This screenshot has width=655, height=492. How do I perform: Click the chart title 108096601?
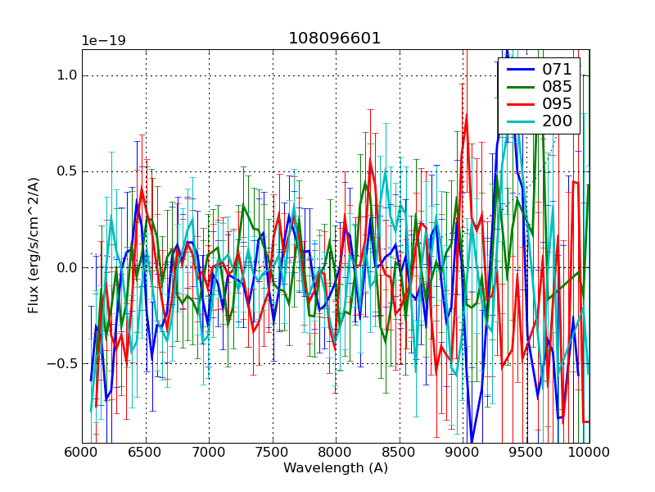pyautogui.click(x=335, y=39)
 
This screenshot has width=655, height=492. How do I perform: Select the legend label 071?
pyautogui.click(x=558, y=70)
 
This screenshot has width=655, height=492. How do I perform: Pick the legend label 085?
pyautogui.click(x=558, y=87)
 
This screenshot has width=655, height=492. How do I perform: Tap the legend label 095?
pyautogui.click(x=558, y=104)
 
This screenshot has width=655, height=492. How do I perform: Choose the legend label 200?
pyautogui.click(x=558, y=121)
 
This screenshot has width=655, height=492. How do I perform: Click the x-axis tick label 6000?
pyautogui.click(x=82, y=452)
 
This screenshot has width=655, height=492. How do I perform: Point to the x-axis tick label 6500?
pyautogui.click(x=146, y=452)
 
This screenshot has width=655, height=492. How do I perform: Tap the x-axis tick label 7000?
pyautogui.click(x=209, y=452)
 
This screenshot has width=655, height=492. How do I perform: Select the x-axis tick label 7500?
pyautogui.click(x=273, y=452)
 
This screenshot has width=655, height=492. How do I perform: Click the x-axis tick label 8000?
pyautogui.click(x=336, y=452)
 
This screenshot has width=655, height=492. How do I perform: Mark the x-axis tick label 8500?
pyautogui.click(x=400, y=452)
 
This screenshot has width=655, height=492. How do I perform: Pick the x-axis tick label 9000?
pyautogui.click(x=463, y=452)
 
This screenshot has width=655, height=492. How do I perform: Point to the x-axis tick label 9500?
pyautogui.click(x=526, y=452)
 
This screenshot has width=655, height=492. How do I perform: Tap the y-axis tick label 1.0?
pyautogui.click(x=67, y=75)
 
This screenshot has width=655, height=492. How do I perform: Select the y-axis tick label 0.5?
pyautogui.click(x=67, y=171)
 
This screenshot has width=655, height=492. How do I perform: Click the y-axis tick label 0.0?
pyautogui.click(x=67, y=267)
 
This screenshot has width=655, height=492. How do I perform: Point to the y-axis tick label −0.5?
pyautogui.click(x=64, y=363)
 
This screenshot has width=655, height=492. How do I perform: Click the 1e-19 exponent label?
pyautogui.click(x=102, y=41)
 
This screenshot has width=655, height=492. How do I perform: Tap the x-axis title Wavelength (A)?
pyautogui.click(x=336, y=468)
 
